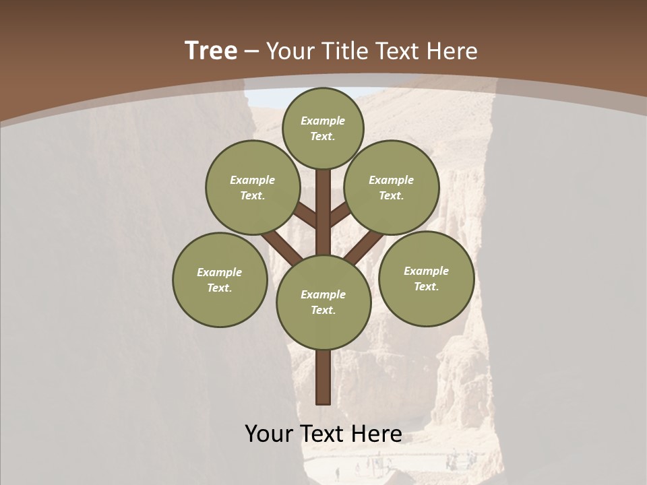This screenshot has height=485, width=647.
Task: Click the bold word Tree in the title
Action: point(211,51)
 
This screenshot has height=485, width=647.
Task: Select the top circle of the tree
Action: point(323,128)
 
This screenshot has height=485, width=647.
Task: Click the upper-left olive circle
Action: point(253,187)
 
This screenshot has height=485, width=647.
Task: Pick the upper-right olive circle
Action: point(392,187)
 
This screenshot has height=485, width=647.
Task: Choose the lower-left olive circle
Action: point(220,280)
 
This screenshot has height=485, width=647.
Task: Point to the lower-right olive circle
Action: point(426,278)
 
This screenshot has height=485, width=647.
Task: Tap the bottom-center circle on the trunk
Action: point(323,302)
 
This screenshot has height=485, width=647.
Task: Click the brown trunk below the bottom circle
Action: point(323,377)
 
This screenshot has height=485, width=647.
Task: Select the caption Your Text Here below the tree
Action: point(323,433)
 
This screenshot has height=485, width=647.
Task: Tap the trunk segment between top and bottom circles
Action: point(323,216)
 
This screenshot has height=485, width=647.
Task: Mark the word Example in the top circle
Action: point(323,121)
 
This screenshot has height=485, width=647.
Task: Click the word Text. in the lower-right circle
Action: point(426,286)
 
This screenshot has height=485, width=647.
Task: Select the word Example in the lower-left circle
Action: point(220,272)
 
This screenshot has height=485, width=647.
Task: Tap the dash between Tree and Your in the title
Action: point(251,51)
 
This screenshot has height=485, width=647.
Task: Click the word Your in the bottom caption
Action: point(268,433)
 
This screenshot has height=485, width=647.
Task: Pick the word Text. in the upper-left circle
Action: point(253,195)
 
